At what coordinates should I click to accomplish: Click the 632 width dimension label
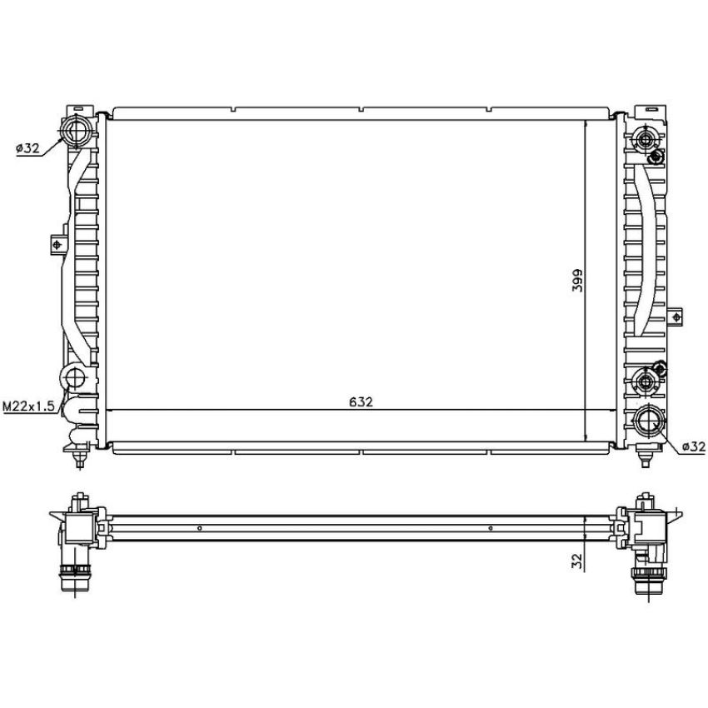coord(361,401)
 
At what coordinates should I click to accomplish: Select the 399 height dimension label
coord(577,281)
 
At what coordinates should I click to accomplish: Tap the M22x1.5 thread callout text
coord(29,406)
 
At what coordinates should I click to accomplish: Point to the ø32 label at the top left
coord(28,147)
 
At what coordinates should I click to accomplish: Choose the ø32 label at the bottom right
coord(694,446)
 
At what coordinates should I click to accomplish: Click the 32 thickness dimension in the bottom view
coord(577,561)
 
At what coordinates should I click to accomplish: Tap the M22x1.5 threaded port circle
coord(73,377)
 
